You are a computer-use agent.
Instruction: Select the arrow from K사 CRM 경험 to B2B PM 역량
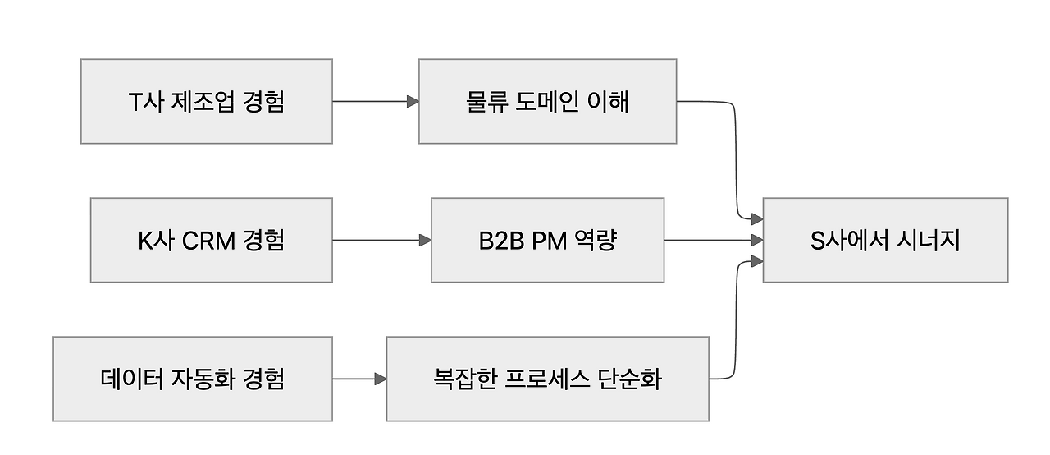(381, 240)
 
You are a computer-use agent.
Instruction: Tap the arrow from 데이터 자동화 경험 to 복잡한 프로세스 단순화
(359, 379)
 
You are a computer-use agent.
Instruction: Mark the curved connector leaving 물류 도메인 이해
(736, 156)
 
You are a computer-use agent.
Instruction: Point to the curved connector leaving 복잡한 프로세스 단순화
(736, 329)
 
